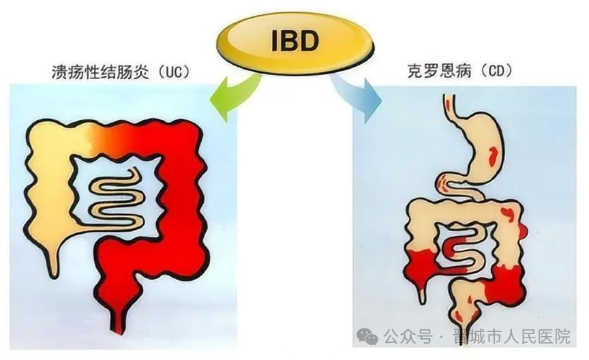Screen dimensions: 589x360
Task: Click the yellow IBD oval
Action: (x=295, y=40)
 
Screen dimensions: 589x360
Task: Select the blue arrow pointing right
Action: (x=355, y=96)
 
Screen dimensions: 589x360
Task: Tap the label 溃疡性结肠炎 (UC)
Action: (x=120, y=72)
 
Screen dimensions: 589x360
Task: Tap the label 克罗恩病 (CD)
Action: (x=459, y=71)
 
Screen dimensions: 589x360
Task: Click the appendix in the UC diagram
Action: (x=54, y=259)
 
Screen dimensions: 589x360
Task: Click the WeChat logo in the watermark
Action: (x=367, y=335)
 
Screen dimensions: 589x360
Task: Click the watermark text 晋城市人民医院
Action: (x=512, y=336)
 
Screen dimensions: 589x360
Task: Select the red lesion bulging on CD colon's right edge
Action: (x=523, y=230)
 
